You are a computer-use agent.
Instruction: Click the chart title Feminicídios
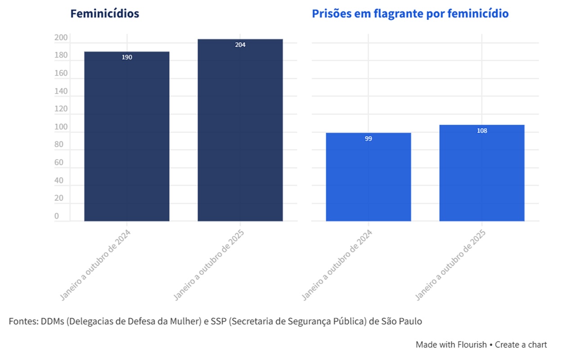(104, 13)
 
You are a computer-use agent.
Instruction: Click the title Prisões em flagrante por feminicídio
(410, 13)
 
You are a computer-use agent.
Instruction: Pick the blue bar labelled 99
(368, 180)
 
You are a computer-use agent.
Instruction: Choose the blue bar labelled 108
(482, 175)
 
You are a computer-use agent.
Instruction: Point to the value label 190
(127, 58)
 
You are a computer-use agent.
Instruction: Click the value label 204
(240, 45)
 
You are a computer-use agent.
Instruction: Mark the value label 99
(368, 139)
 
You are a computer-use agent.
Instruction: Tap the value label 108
(482, 131)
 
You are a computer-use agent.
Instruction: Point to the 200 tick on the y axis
(61, 38)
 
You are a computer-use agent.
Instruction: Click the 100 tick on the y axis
(61, 127)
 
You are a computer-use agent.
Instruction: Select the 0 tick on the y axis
(57, 216)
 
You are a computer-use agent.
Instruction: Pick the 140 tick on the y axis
(61, 91)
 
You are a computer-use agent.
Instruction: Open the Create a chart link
(521, 345)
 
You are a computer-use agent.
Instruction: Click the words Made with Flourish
(451, 345)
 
